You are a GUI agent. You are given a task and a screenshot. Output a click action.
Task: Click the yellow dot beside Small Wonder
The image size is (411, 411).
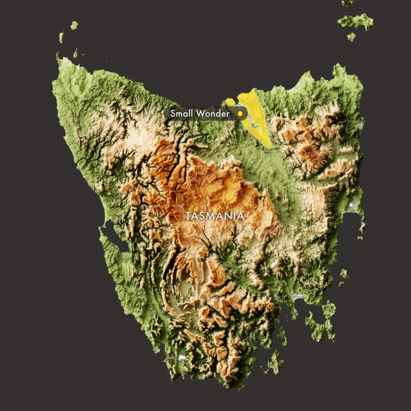tap(239, 113)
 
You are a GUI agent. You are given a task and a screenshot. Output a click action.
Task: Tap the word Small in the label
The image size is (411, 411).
tap(182, 113)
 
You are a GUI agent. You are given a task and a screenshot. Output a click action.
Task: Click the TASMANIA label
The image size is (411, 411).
tap(215, 216)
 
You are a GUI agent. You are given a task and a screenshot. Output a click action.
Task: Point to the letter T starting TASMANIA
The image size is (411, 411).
tap(189, 216)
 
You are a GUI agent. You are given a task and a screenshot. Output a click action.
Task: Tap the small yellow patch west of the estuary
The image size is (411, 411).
tap(230, 102)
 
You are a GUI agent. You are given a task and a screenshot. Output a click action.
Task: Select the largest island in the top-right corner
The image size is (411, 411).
tap(356, 21)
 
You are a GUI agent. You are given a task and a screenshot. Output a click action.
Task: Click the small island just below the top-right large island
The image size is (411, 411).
tap(351, 36)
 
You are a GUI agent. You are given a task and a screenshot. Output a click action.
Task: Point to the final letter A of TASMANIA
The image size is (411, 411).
tap(241, 216)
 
